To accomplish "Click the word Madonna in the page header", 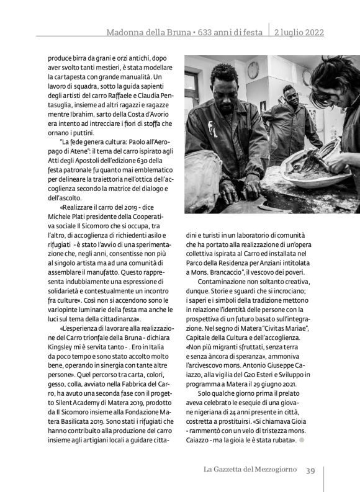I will [x=124, y=32].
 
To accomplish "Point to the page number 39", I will [x=312, y=470].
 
